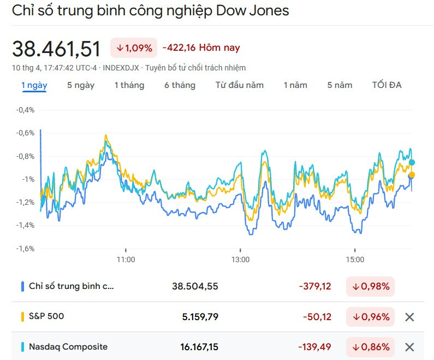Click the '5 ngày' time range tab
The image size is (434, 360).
pos(81,85)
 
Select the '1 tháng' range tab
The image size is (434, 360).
pos(129,85)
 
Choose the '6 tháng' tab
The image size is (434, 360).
pos(180,85)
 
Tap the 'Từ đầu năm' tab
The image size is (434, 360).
pos(239,85)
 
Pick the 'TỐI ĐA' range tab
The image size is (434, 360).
pos(387,85)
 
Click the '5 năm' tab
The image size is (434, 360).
pos(340,85)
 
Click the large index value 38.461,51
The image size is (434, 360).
pos(57,49)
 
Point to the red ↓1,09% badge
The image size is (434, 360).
pos(134,48)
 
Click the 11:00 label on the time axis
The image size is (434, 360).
pos(126,259)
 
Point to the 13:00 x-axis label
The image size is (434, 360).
pos(240,259)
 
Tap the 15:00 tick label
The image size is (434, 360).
pos(355,259)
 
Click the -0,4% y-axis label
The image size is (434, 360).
pos(25,110)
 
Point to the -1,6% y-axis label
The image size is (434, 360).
pos(25,249)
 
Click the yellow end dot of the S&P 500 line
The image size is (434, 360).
pos(411,175)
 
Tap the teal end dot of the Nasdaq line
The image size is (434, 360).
pos(412,162)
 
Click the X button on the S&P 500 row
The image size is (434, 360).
pos(409,317)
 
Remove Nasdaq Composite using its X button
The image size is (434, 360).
pos(409,347)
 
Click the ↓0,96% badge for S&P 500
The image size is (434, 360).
pos(371,317)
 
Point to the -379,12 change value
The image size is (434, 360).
pos(314,286)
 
